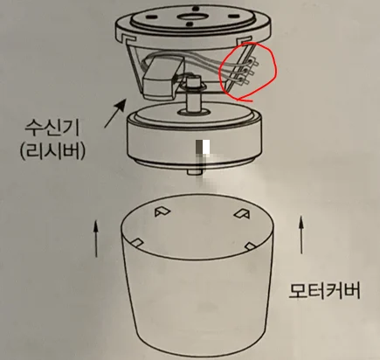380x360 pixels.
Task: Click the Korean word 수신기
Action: point(52,128)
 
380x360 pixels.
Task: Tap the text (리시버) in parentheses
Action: point(52,151)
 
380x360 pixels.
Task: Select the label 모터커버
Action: point(324,290)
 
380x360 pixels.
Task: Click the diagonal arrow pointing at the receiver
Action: point(115,113)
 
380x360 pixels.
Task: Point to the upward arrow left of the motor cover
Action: point(96,239)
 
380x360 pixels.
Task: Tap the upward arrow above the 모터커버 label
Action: point(301,235)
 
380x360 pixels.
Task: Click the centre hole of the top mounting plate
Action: point(192,17)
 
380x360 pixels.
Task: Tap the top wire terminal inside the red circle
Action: point(253,62)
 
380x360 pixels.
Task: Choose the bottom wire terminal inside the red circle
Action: point(244,80)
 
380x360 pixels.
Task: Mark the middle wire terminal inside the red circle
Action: point(248,72)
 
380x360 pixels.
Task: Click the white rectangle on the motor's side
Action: point(206,147)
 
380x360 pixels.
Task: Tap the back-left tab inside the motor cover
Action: point(162,212)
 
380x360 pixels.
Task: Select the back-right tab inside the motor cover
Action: point(242,213)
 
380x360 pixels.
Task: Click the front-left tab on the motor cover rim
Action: point(137,243)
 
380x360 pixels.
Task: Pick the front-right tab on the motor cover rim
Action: point(251,246)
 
